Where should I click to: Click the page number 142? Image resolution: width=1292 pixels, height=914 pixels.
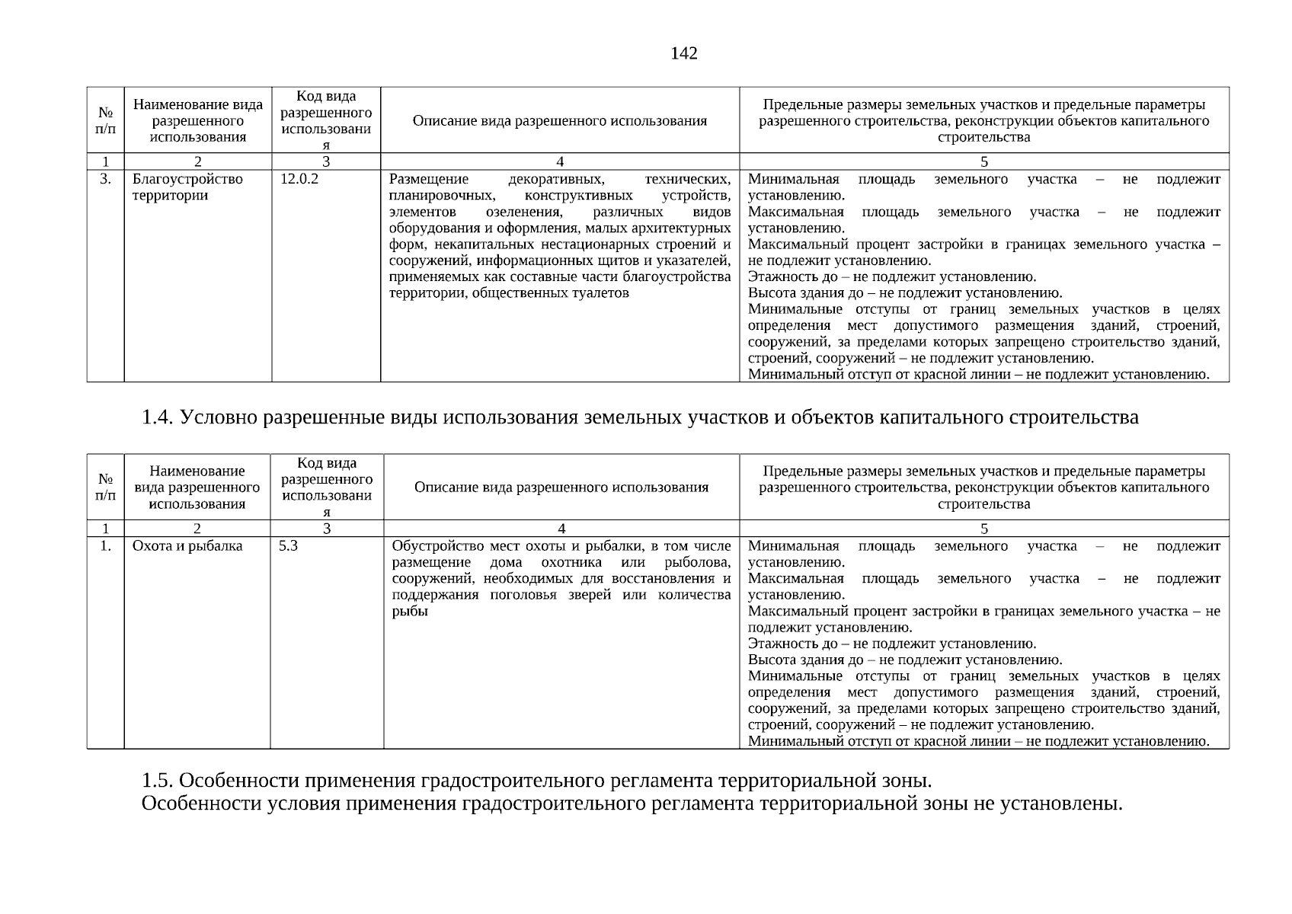(x=683, y=53)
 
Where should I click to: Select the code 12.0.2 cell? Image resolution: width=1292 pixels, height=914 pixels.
(x=299, y=180)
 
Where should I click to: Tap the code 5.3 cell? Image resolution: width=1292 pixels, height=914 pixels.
(x=288, y=546)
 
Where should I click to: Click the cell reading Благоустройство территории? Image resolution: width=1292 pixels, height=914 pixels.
(x=187, y=187)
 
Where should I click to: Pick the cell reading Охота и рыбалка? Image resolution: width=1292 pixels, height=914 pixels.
(x=187, y=546)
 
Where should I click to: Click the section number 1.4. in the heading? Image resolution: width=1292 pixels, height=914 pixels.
(x=158, y=417)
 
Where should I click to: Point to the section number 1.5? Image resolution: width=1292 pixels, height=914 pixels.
(x=158, y=781)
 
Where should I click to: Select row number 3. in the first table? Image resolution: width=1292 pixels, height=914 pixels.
(x=105, y=180)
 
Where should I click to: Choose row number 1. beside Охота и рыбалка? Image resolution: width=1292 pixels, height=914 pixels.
(x=105, y=546)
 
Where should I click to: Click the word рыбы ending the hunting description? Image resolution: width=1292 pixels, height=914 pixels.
(x=409, y=612)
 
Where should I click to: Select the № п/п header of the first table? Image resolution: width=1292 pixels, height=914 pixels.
(x=105, y=120)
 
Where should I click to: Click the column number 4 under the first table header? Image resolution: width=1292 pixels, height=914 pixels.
(x=560, y=161)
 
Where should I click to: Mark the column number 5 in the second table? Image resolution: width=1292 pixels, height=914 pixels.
(x=983, y=529)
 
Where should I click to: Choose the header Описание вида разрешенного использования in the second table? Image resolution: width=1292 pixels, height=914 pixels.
(x=561, y=487)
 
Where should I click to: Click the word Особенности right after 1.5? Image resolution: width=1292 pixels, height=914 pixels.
(x=238, y=781)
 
